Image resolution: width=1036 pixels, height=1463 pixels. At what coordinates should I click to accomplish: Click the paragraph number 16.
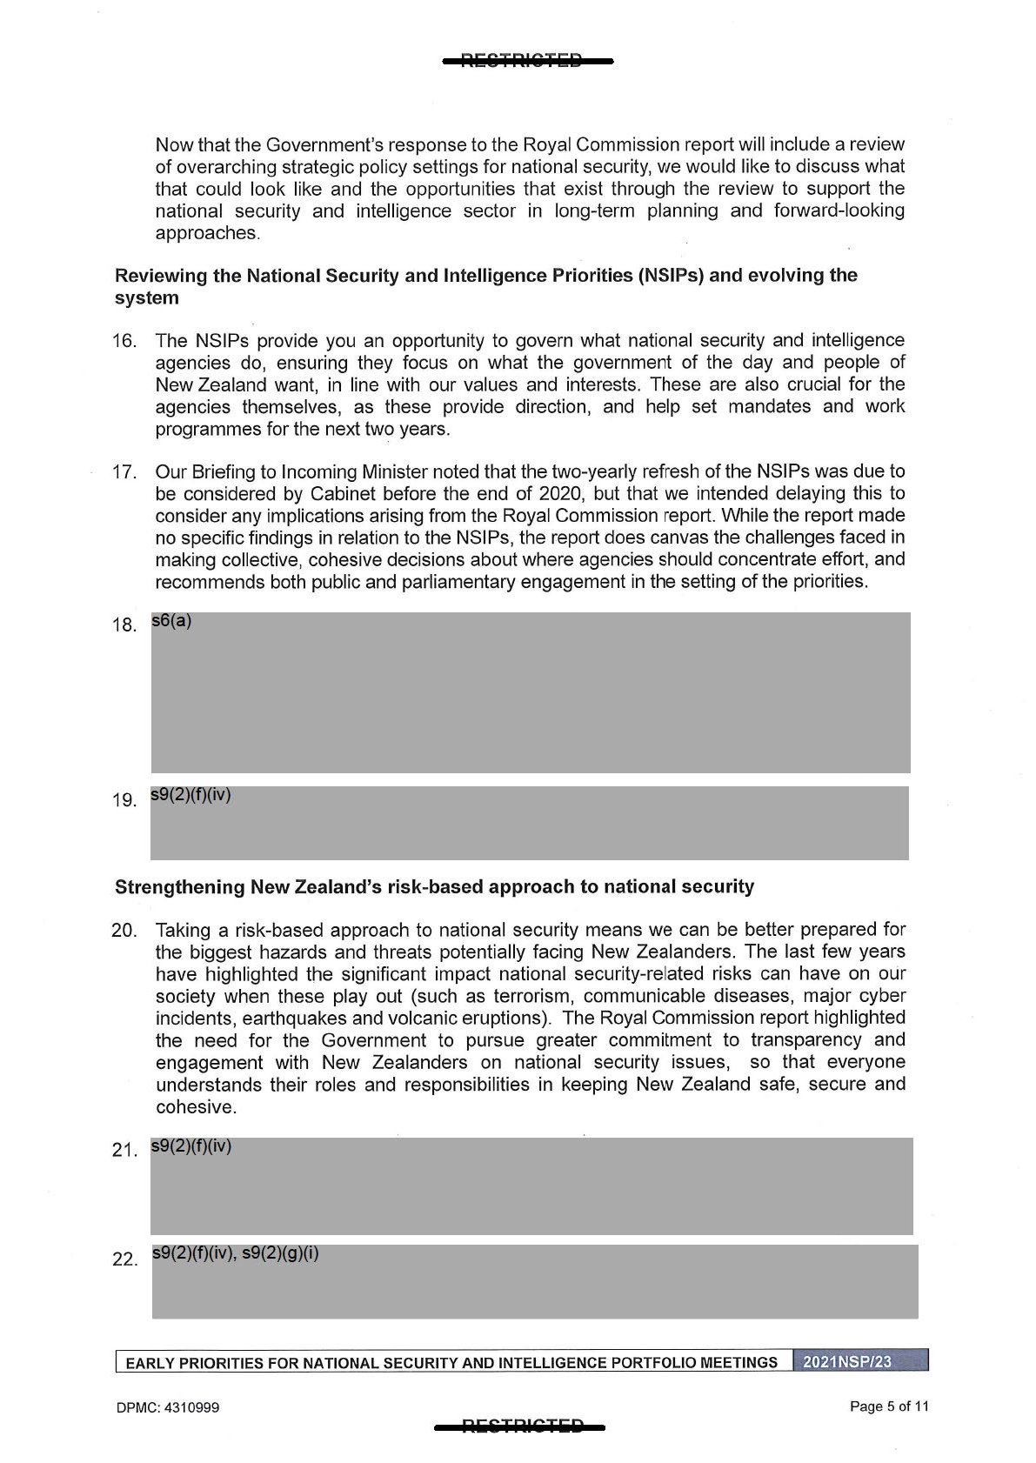(x=124, y=341)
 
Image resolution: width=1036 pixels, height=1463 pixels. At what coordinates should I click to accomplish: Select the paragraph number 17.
(x=124, y=472)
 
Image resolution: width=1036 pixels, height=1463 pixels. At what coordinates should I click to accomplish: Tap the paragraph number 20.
(x=124, y=931)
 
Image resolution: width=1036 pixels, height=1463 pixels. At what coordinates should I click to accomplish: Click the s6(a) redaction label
(x=171, y=621)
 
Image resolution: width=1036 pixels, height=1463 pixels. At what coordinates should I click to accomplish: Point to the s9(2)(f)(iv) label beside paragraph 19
(x=190, y=795)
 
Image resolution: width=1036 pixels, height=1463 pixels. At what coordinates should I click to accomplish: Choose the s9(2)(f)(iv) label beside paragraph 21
(x=191, y=1146)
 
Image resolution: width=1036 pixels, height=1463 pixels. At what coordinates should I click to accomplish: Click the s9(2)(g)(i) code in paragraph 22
(x=280, y=1253)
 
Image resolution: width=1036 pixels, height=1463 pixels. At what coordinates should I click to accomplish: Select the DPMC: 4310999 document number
(x=167, y=1407)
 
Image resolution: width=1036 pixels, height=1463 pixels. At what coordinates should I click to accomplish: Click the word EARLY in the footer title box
(x=148, y=1363)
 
